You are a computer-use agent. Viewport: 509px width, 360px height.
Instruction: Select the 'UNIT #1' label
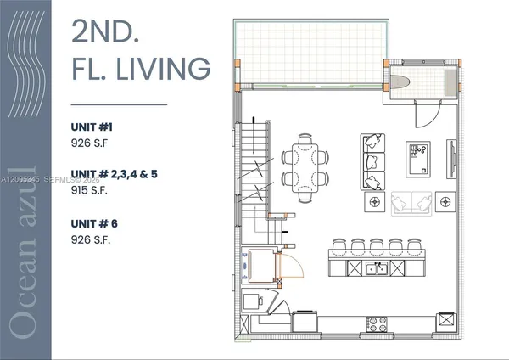86,127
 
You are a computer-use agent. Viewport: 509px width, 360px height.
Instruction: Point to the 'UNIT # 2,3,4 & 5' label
113,175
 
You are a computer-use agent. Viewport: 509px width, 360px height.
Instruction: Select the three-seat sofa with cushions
372,162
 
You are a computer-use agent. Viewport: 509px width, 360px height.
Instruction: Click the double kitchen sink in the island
376,269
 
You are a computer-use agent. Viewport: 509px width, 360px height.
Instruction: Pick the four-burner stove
377,323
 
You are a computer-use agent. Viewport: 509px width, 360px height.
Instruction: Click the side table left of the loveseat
372,203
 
